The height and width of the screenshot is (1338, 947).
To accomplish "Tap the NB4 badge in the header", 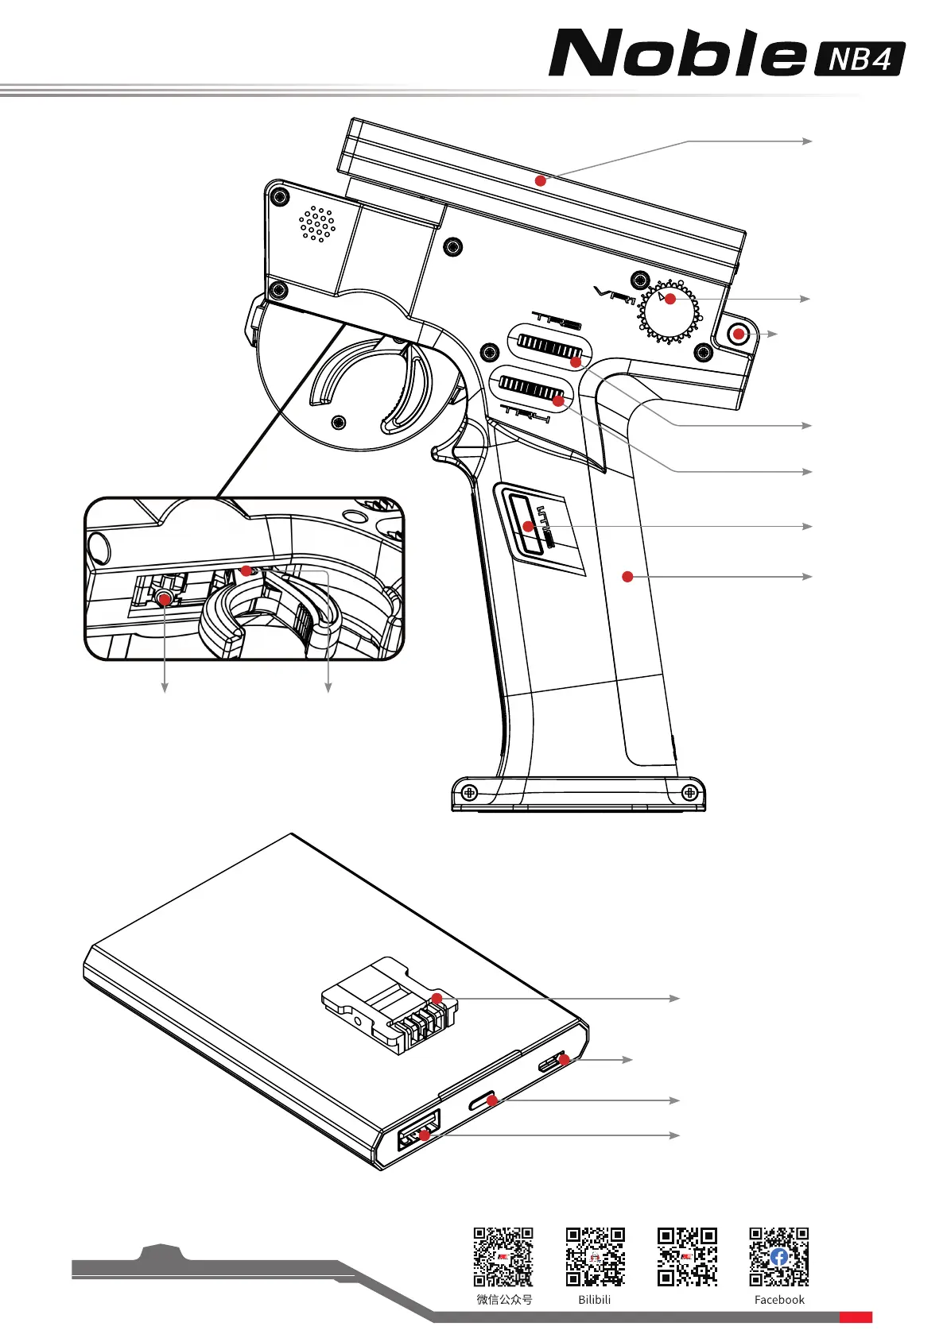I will click(x=860, y=59).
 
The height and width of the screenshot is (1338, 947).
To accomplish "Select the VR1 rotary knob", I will click(x=669, y=312).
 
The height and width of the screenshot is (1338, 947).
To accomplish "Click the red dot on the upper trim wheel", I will click(x=576, y=362).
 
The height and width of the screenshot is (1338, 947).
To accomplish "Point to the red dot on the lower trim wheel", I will click(x=558, y=401).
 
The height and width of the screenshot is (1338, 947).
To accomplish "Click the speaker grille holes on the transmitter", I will click(x=317, y=223).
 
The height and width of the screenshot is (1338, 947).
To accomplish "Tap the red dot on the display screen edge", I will click(x=541, y=180).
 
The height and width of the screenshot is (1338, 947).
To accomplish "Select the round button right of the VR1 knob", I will click(x=739, y=334).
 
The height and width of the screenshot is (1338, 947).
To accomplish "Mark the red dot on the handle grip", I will click(x=627, y=576).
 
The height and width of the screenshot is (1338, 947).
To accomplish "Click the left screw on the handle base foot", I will click(x=469, y=792).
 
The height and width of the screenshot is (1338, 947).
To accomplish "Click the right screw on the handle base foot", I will click(x=689, y=792).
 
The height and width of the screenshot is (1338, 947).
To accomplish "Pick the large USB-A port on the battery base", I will click(x=419, y=1131).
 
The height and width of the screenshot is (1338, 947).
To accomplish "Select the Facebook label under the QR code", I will click(x=779, y=1300).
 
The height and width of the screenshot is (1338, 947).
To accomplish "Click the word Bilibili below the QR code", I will click(x=595, y=1300).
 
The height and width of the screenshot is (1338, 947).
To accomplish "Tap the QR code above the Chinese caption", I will click(x=503, y=1256).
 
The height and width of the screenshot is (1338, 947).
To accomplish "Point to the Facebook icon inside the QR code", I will click(x=779, y=1256).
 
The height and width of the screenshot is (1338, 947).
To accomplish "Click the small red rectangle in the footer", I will click(x=856, y=1317).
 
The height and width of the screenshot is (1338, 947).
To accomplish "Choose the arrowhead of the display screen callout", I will click(x=808, y=141).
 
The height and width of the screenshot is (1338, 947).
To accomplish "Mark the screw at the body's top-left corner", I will click(x=278, y=196).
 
